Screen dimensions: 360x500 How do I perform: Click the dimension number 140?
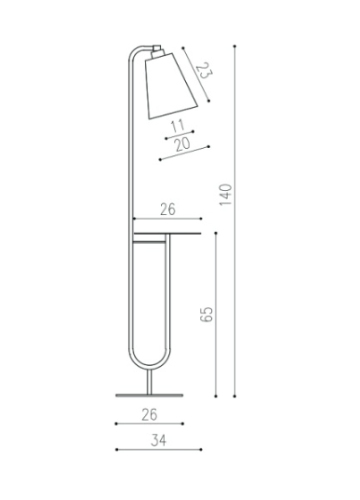226,195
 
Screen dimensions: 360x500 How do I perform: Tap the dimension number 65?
207,315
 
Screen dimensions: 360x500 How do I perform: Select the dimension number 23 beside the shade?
204,71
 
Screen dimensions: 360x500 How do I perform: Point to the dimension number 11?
178,126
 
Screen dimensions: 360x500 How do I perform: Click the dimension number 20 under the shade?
182,144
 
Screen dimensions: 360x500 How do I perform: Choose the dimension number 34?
158,440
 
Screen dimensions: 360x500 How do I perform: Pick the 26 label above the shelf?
167,209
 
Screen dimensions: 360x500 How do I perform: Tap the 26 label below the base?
150,414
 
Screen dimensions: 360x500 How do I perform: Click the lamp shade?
170,86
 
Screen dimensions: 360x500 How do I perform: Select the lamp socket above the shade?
157,51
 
